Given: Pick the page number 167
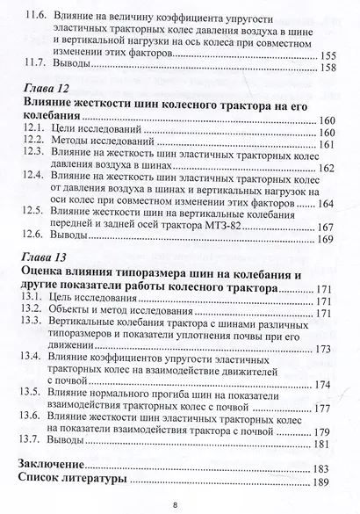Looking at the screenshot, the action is click(x=327, y=226).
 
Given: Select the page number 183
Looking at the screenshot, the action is click(x=328, y=467).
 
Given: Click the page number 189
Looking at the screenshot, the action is click(x=328, y=482).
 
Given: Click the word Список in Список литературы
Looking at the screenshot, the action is click(x=44, y=482).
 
